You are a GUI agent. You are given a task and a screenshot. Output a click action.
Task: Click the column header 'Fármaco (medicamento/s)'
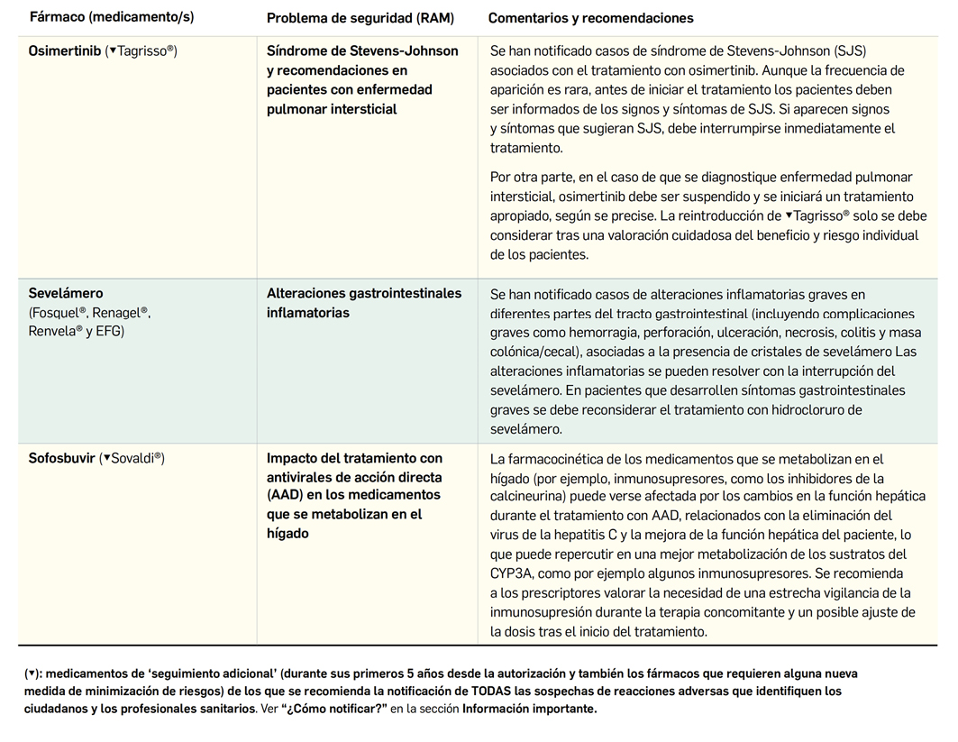tap(112, 17)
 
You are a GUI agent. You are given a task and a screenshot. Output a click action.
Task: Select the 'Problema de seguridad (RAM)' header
tap(360, 18)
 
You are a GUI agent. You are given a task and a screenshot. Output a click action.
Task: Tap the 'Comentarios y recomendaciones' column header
tap(590, 18)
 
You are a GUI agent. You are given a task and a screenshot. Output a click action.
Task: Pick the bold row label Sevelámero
tap(66, 293)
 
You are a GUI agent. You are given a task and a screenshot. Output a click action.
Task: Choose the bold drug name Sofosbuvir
tap(61, 458)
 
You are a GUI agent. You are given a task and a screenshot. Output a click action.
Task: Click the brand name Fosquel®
tap(59, 313)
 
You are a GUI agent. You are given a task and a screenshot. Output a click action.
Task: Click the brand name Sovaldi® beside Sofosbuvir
tap(136, 458)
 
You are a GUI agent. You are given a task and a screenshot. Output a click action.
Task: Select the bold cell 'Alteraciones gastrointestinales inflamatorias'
tap(363, 303)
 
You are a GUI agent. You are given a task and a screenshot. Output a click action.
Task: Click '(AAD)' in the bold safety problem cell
tap(286, 495)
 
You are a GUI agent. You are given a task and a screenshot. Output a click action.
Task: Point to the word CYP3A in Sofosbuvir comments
tap(513, 573)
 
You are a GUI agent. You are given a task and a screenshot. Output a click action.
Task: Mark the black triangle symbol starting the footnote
tap(31, 674)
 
